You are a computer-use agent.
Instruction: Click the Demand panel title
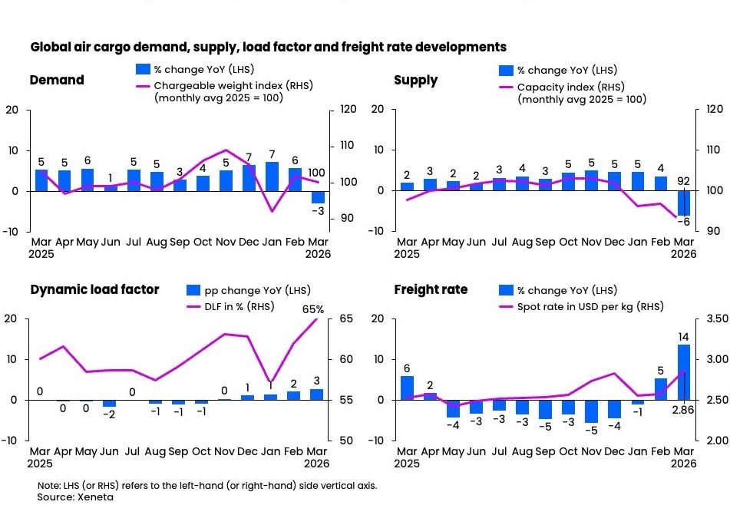pos(57,81)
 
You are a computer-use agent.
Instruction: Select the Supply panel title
pos(415,81)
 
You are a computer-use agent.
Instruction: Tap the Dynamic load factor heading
pos(94,289)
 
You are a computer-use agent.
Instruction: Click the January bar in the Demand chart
pos(272,177)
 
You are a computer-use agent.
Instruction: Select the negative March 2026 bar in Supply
pos(683,203)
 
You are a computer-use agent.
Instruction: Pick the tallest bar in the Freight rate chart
pos(683,372)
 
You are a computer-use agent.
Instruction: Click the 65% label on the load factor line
pos(313,309)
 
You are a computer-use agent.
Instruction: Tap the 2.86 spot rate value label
pos(683,411)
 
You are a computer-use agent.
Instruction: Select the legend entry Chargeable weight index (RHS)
pos(233,85)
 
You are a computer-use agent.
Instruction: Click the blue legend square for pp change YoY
pos(193,291)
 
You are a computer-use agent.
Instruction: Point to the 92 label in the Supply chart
pos(683,182)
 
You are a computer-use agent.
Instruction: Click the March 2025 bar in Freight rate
pos(407,388)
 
